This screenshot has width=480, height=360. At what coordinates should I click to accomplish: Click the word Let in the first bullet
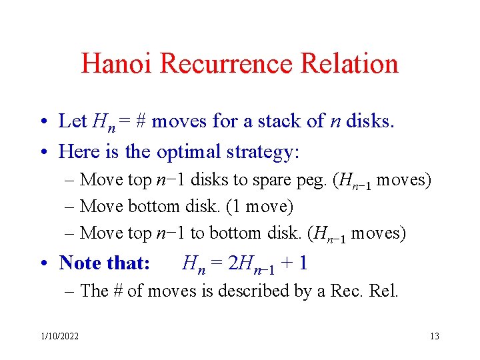click(x=73, y=121)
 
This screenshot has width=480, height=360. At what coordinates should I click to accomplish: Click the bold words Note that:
click(x=105, y=263)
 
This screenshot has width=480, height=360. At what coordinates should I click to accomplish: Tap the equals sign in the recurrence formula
click(x=217, y=263)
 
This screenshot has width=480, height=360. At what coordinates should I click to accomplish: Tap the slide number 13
click(x=434, y=336)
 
